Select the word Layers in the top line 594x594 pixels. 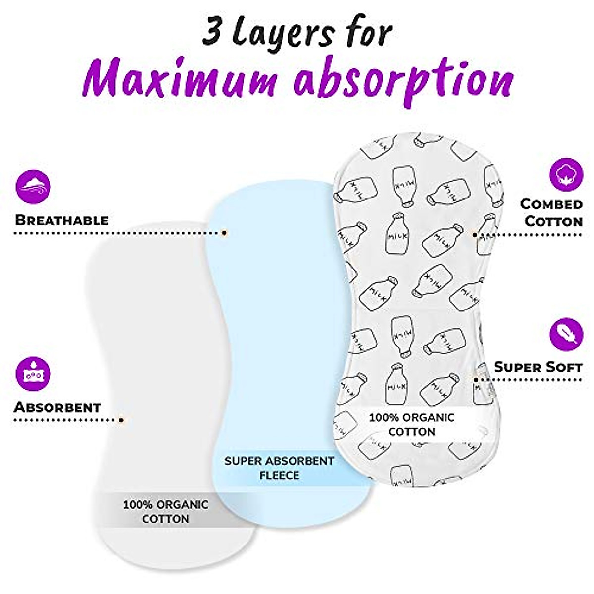tap(286, 34)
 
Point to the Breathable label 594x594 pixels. tap(62, 220)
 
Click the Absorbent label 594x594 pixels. tap(57, 407)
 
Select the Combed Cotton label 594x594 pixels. tap(551, 212)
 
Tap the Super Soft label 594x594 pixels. tap(538, 367)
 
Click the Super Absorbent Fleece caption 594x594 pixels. tap(279, 468)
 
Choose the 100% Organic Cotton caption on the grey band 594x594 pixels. tap(165, 512)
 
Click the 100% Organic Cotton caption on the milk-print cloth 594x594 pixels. tap(411, 424)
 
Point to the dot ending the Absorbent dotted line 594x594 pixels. tap(121, 420)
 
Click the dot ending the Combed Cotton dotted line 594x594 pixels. tap(476, 234)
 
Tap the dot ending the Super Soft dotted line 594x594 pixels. tap(476, 380)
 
